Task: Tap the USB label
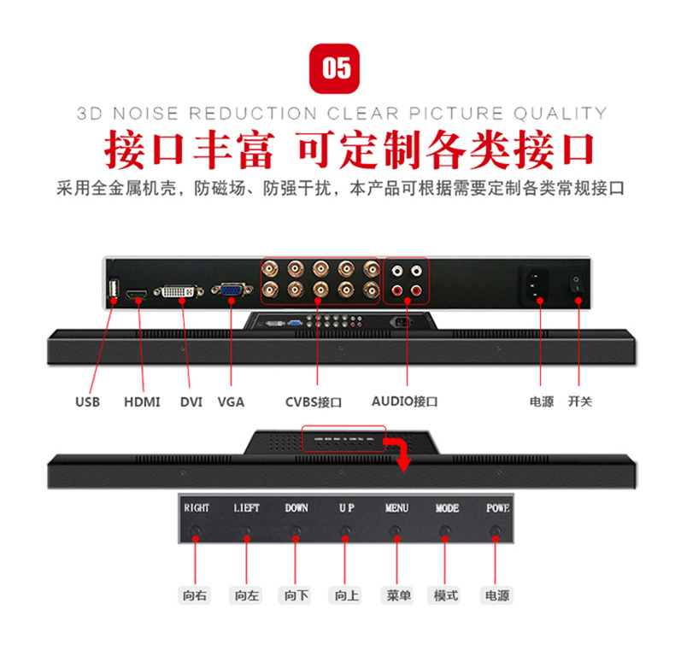(87, 401)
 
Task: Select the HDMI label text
(142, 401)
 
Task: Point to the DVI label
(191, 401)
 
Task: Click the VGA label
(231, 401)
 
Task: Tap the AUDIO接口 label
(405, 401)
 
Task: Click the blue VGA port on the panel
(231, 292)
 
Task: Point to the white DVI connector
(179, 293)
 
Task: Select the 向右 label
(196, 595)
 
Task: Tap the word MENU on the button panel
(396, 508)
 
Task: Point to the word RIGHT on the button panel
(197, 508)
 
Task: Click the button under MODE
(444, 531)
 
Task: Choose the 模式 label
(446, 595)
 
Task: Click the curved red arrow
(398, 450)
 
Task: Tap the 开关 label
(580, 401)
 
